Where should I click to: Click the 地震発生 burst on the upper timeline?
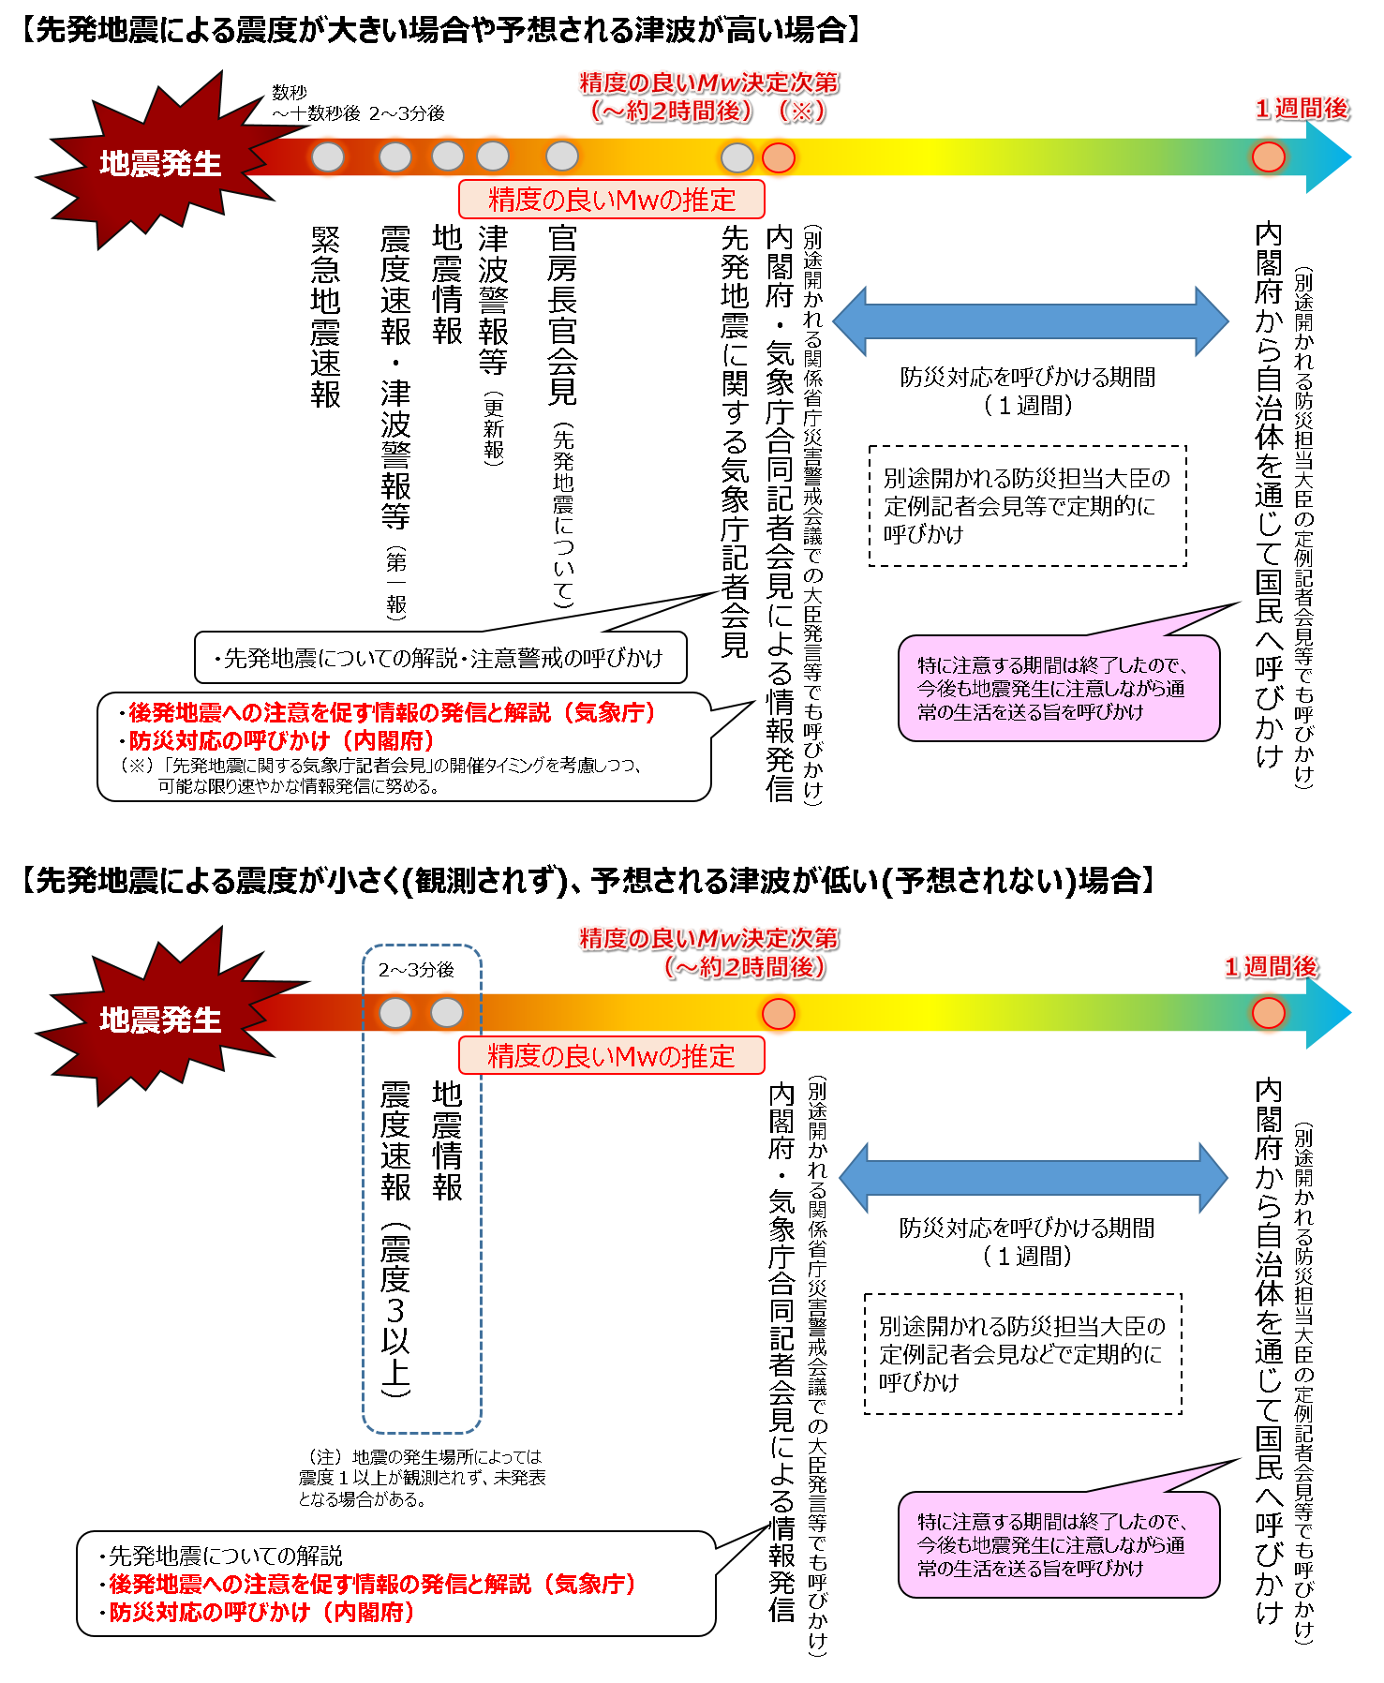[159, 163]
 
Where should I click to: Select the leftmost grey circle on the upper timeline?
[328, 156]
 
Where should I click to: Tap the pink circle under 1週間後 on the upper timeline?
[1269, 156]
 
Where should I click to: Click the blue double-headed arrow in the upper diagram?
[1030, 321]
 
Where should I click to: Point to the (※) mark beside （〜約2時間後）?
[801, 111]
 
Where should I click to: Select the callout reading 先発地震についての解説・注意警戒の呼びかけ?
[440, 658]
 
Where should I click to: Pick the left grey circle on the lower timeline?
[395, 1013]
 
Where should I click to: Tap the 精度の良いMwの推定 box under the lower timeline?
[611, 1056]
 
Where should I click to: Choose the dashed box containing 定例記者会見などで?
[1022, 1354]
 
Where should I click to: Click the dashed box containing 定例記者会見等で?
[1027, 506]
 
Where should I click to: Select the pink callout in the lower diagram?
[1058, 1544]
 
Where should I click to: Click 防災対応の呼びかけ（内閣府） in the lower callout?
[262, 1612]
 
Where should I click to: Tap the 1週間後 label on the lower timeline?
[1271, 966]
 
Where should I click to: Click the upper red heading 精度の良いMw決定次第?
[708, 82]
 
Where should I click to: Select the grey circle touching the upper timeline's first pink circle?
[737, 157]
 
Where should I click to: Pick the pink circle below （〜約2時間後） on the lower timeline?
[778, 1013]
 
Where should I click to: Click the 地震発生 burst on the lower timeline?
[159, 1020]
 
